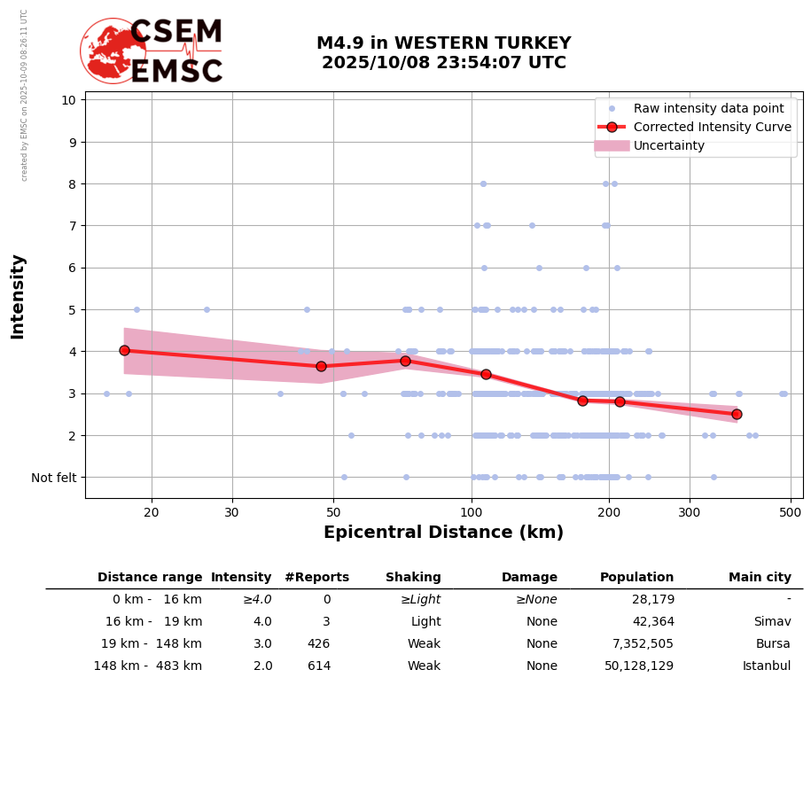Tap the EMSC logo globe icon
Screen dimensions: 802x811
click(113, 51)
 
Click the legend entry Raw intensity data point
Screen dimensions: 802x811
click(708, 109)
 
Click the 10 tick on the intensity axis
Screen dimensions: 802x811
click(68, 99)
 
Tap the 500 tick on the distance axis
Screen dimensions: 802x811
click(791, 512)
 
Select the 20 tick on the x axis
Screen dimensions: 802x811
click(152, 512)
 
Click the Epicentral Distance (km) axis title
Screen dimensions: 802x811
click(443, 533)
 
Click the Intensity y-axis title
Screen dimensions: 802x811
click(18, 296)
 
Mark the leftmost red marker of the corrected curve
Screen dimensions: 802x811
click(124, 350)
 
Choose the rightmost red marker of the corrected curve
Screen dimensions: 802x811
click(737, 414)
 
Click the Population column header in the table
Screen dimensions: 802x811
click(636, 578)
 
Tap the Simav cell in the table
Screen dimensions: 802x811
click(772, 622)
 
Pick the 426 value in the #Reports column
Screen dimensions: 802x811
click(318, 644)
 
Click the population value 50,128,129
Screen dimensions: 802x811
click(639, 666)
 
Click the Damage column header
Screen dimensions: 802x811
click(529, 578)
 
